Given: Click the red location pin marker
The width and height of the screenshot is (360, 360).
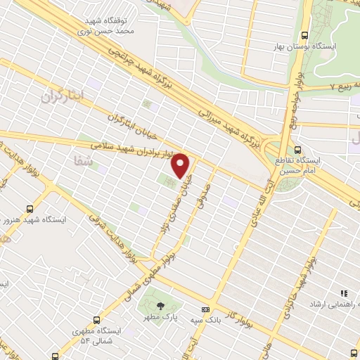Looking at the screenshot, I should coord(181,165).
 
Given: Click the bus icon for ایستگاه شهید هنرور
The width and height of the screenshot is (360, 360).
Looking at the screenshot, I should coord(30,208).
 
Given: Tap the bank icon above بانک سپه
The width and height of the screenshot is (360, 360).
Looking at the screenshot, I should coord(205,309).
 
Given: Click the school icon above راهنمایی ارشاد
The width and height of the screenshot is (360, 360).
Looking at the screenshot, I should coord(344,293).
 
